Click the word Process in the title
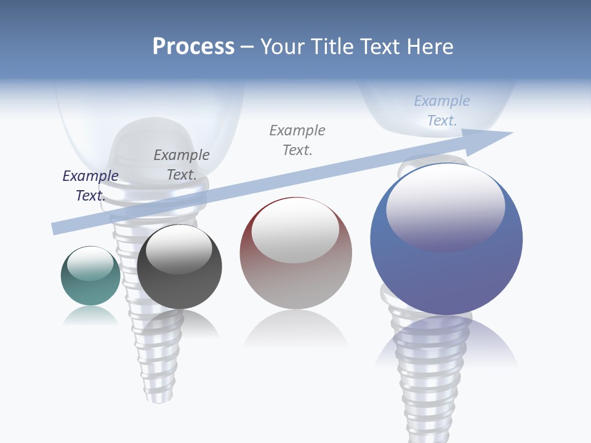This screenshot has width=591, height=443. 193,47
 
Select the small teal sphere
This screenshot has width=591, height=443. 90,276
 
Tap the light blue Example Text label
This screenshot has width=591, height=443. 442,111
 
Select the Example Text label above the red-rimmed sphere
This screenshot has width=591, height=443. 297,140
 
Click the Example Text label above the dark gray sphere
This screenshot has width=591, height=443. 182,165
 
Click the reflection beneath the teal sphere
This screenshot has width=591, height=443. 90,316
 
